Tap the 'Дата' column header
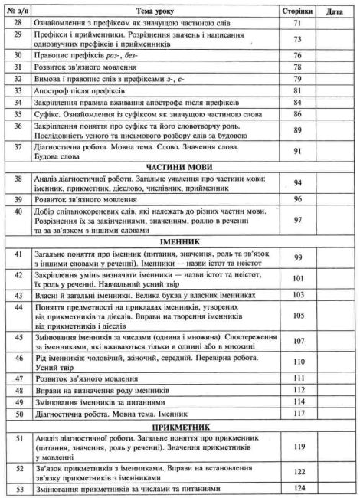334,12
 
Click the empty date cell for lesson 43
334,294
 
